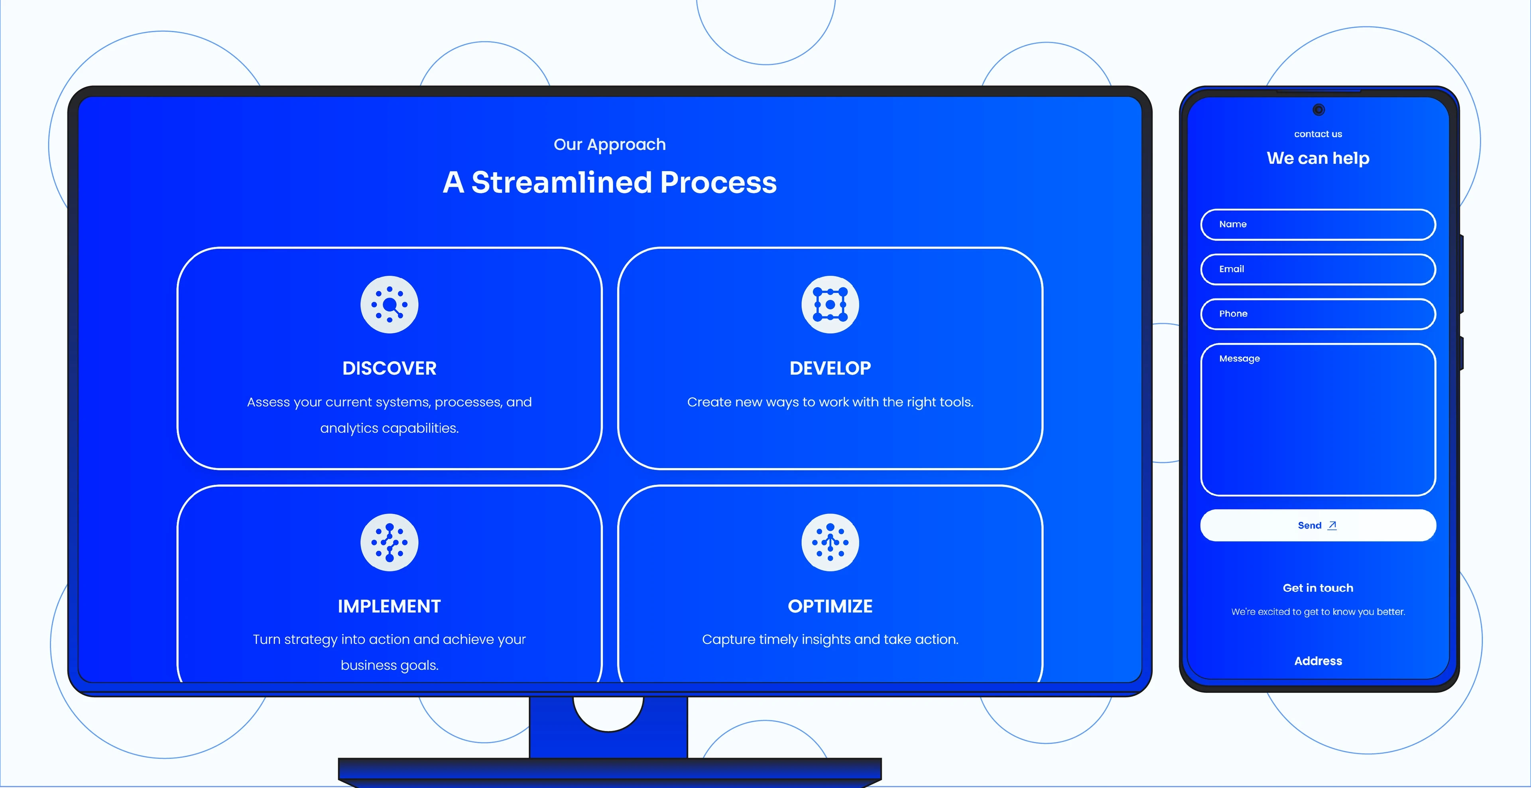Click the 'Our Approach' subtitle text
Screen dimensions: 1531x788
tap(610, 144)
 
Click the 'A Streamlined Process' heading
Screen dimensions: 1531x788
tap(610, 182)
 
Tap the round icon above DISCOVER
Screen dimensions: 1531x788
tap(389, 304)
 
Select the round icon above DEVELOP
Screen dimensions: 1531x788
tap(830, 304)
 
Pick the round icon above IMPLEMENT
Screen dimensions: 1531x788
tap(389, 542)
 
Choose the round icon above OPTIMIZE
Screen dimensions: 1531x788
tap(830, 542)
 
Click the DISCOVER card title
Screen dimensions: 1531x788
tap(389, 368)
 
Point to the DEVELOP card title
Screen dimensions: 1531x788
tap(830, 368)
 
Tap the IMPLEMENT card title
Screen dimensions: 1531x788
tap(389, 606)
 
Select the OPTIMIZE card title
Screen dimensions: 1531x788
tap(830, 606)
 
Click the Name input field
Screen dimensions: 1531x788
tap(1318, 224)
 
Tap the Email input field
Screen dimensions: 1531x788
tap(1318, 269)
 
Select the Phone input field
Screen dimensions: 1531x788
tap(1318, 314)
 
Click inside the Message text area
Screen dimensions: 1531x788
tap(1318, 420)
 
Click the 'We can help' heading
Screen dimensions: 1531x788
tap(1318, 158)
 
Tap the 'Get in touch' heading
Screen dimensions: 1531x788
tap(1318, 588)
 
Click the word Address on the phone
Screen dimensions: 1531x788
tap(1318, 661)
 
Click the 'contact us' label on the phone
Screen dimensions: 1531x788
tap(1318, 134)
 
